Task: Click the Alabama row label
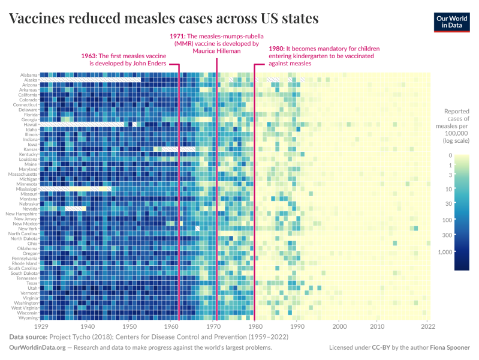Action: (28, 75)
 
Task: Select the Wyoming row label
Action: (28, 318)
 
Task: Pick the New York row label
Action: (28, 229)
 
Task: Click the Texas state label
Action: (31, 283)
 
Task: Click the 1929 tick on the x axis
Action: (41, 327)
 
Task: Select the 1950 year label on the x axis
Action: (129, 327)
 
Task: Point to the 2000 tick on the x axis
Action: (339, 327)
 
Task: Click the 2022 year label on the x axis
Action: (427, 327)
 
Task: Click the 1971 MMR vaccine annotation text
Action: (217, 43)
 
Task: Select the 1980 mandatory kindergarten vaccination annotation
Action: (318, 55)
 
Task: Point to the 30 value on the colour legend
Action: (465, 204)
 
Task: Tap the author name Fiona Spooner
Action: (450, 347)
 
